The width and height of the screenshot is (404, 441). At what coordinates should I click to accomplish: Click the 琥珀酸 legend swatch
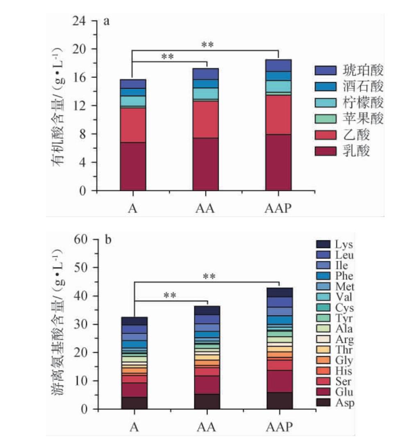(324, 71)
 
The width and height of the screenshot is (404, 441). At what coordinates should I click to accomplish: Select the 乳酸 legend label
(357, 151)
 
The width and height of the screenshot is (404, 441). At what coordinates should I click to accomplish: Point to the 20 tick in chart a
(84, 49)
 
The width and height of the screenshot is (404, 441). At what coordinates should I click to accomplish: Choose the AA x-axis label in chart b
(207, 427)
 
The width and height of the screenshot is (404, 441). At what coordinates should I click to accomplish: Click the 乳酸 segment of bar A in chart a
(133, 166)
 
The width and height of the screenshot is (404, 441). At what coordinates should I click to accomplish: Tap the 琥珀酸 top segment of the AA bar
(206, 74)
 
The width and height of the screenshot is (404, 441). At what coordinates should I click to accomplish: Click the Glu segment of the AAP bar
(279, 382)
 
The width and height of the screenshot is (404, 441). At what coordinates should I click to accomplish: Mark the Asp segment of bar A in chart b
(134, 403)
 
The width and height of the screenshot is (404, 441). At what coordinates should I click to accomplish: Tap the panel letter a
(106, 22)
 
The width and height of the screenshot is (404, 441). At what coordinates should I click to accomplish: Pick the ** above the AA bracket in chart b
(170, 295)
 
